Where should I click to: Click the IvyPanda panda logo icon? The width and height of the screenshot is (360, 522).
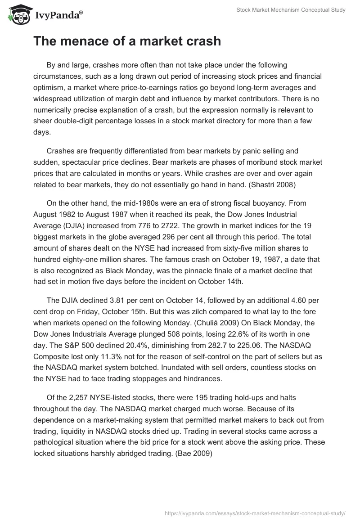(x=17, y=14)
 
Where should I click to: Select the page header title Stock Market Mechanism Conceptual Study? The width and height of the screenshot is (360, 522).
(x=291, y=10)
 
